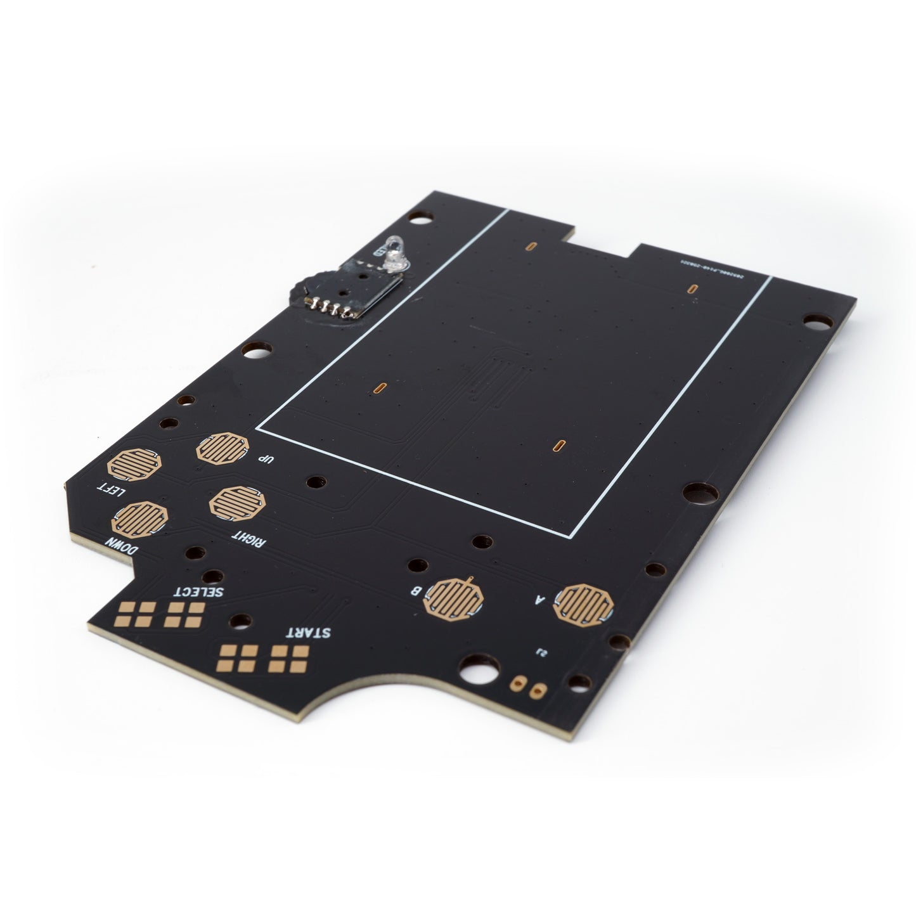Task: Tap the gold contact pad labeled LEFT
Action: tap(134, 465)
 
